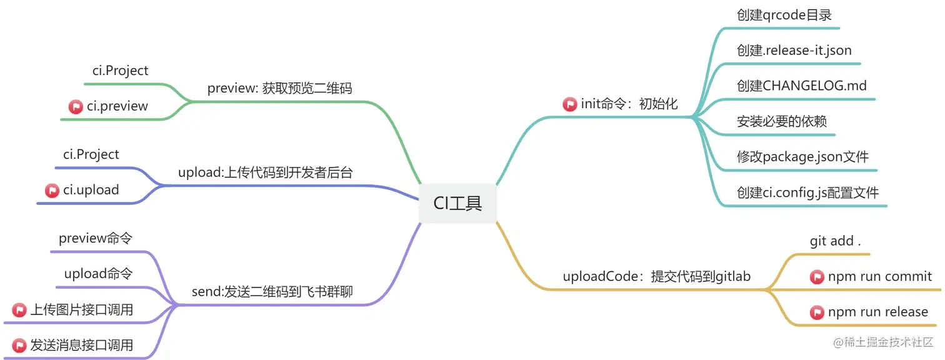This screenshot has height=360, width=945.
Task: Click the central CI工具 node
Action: [458, 203]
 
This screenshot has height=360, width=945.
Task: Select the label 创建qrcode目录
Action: [784, 15]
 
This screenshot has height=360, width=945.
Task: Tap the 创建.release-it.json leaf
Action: [794, 50]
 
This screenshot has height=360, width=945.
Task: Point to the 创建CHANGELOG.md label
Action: [801, 86]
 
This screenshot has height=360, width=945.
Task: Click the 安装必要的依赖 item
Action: [781, 121]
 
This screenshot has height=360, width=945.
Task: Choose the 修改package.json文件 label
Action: [802, 156]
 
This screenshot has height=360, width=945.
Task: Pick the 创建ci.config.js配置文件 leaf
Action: [807, 192]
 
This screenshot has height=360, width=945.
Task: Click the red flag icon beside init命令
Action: [569, 104]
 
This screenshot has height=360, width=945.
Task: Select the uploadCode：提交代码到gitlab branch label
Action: [656, 276]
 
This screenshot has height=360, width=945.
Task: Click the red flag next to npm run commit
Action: [817, 277]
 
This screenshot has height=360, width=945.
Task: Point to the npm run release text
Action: [877, 312]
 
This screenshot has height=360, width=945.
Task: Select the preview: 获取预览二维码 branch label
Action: [279, 88]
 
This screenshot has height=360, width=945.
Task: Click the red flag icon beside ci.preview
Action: [76, 107]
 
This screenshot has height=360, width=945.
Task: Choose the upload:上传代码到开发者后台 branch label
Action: [265, 172]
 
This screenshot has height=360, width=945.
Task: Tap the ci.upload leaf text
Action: [91, 190]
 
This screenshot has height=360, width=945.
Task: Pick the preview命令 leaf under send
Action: [95, 238]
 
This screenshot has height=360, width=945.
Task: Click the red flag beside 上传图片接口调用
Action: [19, 309]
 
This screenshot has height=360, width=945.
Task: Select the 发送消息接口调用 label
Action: [81, 345]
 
